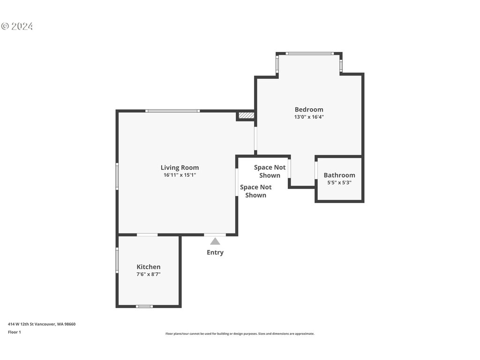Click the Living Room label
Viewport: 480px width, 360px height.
pos(180,167)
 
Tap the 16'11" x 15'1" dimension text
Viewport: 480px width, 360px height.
pos(180,175)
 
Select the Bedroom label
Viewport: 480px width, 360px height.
pos(309,109)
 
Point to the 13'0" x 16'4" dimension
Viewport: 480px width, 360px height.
pos(309,117)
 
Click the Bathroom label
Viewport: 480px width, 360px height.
pos(339,175)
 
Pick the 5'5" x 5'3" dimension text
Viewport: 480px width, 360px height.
pos(339,182)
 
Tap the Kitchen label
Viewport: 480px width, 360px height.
pos(149,267)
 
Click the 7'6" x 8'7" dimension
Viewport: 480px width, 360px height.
pos(149,274)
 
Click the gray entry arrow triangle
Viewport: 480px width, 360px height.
pos(215,241)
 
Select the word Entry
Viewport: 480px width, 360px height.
pos(215,252)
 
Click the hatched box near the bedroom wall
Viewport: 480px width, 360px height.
pos(246,115)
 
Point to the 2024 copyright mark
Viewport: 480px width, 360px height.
pos(17,26)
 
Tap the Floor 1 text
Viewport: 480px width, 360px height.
pos(15,332)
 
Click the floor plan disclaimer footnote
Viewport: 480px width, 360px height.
pos(240,334)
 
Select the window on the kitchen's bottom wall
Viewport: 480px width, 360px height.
pos(144,306)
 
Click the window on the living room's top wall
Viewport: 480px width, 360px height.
pos(172,111)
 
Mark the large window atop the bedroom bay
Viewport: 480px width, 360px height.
pos(310,53)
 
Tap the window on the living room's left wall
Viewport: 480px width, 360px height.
pos(117,176)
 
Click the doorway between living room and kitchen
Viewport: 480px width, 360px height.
pos(147,235)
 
